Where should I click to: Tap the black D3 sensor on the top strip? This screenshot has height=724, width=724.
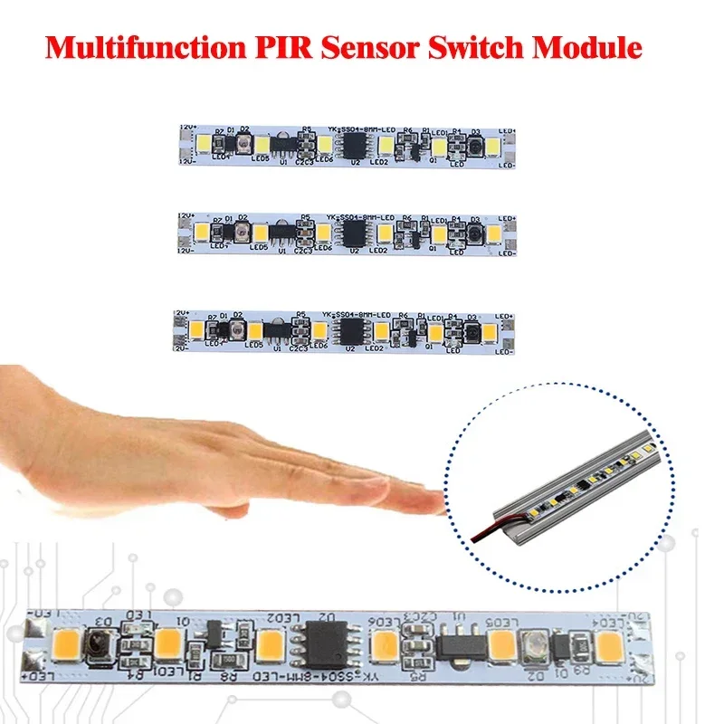(x=476, y=145)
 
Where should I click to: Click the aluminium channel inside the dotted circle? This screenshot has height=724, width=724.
(x=579, y=480)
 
